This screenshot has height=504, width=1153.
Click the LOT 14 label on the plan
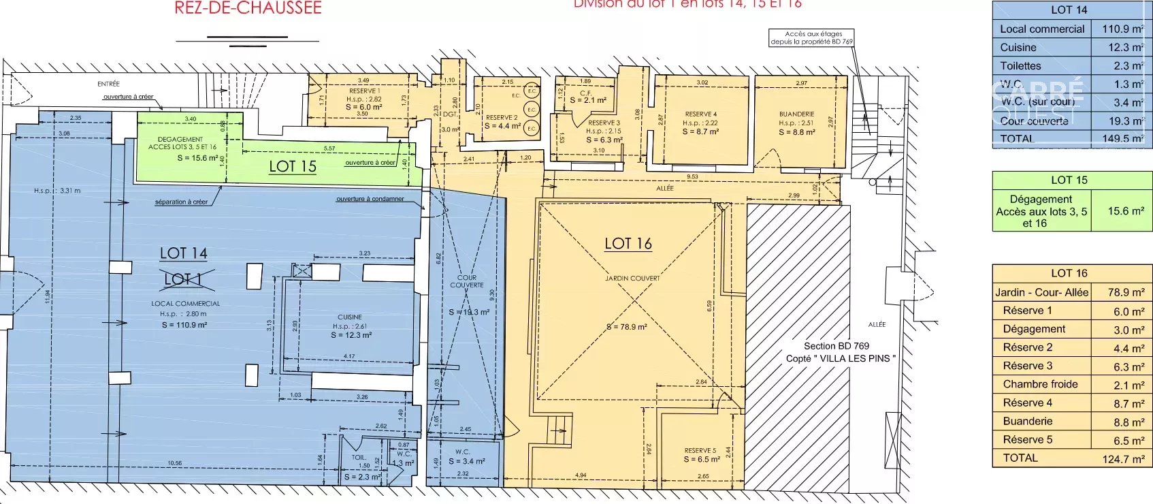pos(183,253)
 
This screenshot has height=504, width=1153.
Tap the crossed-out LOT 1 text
pos(183,279)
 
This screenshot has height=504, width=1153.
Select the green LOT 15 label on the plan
pos(293,166)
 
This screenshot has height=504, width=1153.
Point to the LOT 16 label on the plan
pos(628,244)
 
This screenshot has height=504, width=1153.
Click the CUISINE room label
pos(350,317)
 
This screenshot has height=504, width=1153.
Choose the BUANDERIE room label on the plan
pos(797,114)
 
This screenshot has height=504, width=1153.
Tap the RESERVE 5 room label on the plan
pos(700,451)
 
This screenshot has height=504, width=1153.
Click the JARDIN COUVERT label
pos(632,278)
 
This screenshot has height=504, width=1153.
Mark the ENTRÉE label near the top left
pos(108,84)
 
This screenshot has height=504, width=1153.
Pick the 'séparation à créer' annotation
pos(181,202)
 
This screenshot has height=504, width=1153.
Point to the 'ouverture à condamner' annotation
pos(370,199)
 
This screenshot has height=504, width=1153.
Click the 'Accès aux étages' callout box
pos(811,37)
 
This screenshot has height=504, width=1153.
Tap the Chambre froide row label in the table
pos(1040,384)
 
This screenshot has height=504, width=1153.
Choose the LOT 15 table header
pos(1069,180)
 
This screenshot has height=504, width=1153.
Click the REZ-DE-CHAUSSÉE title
pos(248,8)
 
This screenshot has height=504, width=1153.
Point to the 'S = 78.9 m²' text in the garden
pos(627,327)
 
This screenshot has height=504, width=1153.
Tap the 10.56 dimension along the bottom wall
pos(175,463)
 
